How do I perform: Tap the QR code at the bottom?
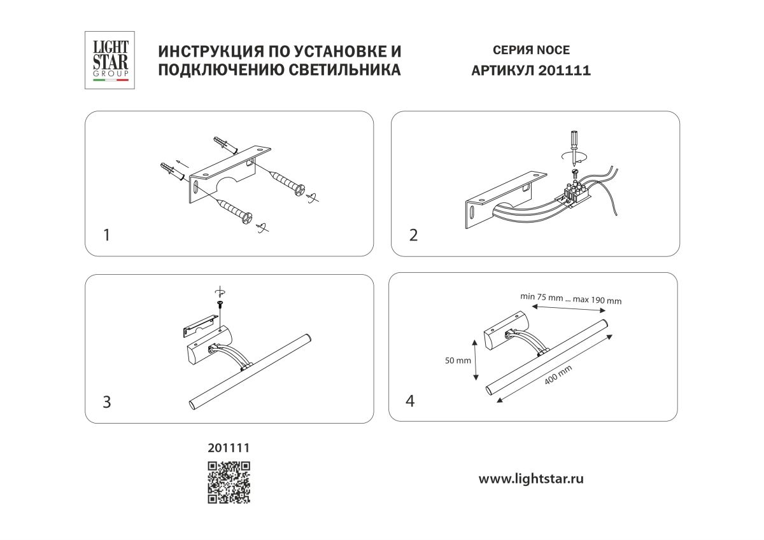point(229,482)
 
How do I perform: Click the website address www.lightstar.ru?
point(530,479)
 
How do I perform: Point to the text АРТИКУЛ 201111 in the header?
point(530,71)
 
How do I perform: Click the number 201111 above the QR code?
point(228,448)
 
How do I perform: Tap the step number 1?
point(107,235)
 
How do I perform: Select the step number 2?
point(413,235)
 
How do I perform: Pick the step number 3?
point(107,402)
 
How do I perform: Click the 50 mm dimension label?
point(458,361)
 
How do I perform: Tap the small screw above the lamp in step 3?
point(221,306)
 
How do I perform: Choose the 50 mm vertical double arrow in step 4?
point(476,360)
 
